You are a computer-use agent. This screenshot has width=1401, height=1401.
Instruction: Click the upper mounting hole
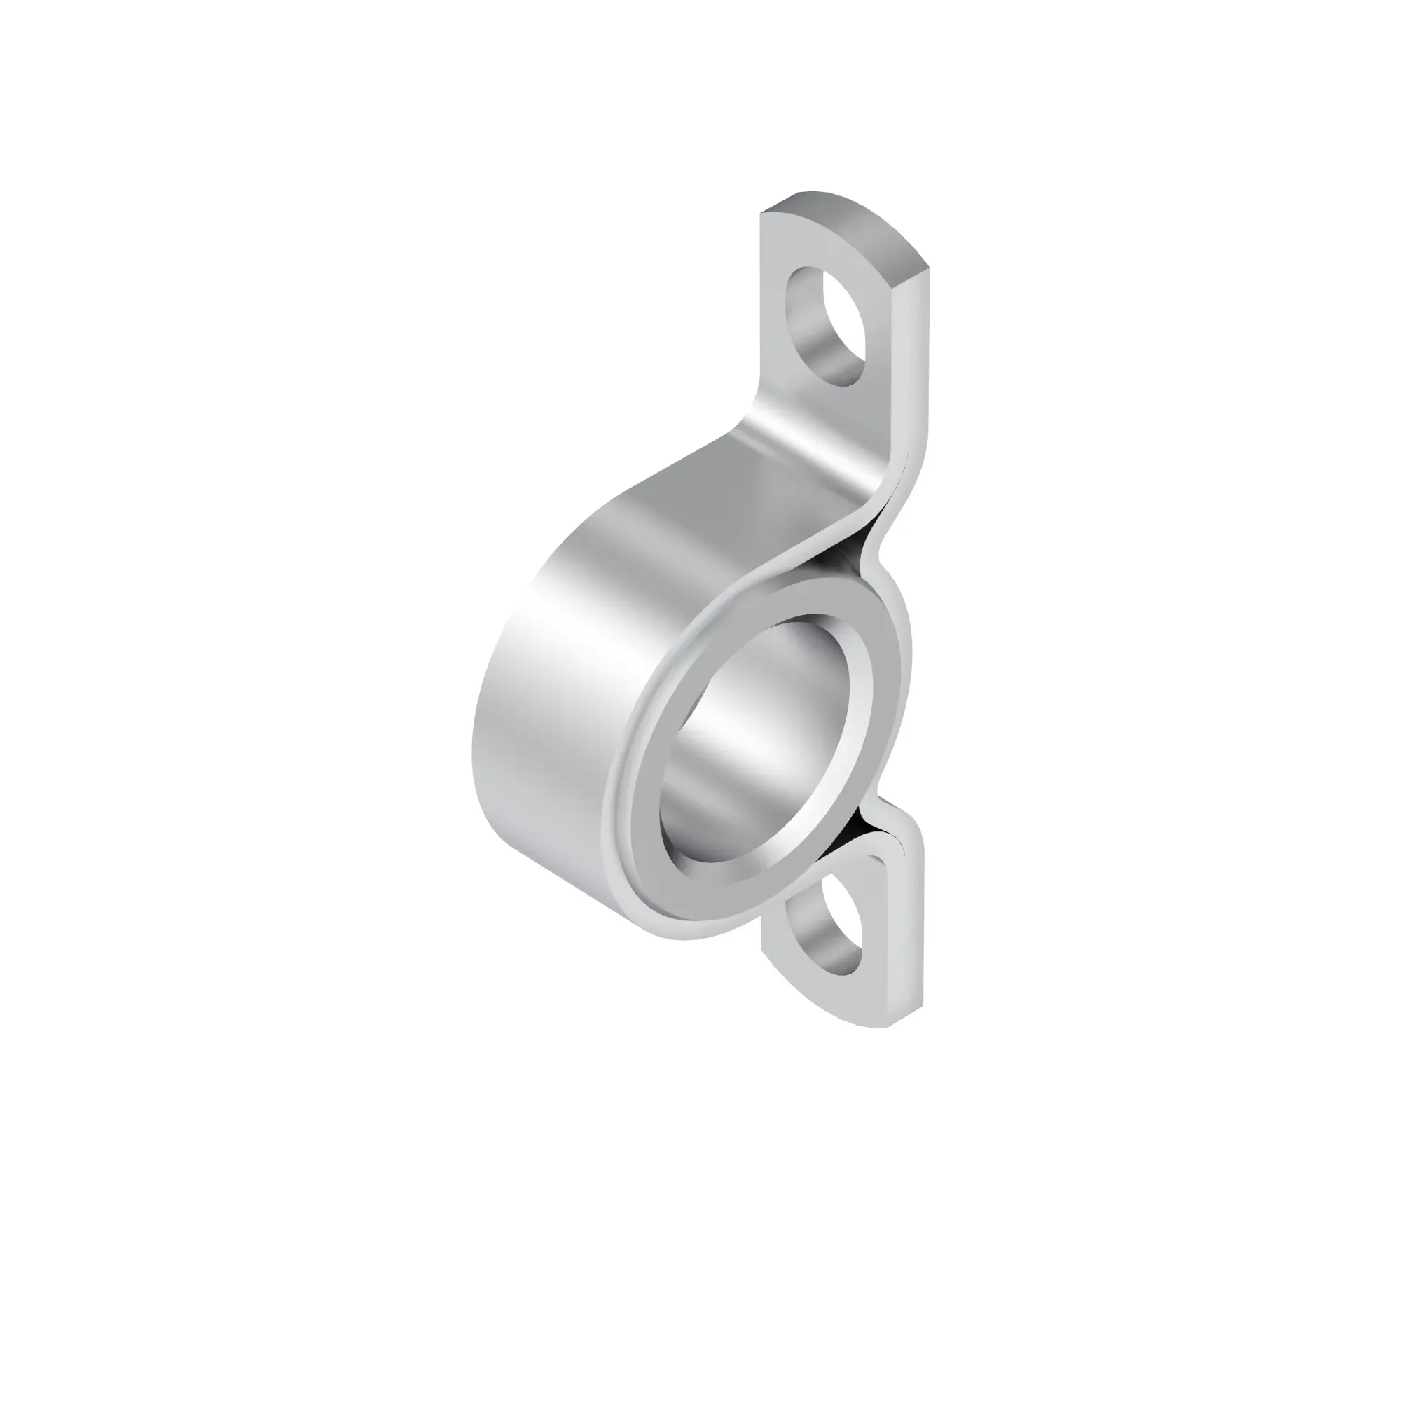pyautogui.click(x=826, y=326)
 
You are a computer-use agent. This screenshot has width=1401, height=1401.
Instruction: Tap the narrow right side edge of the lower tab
pyautogui.click(x=915, y=935)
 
